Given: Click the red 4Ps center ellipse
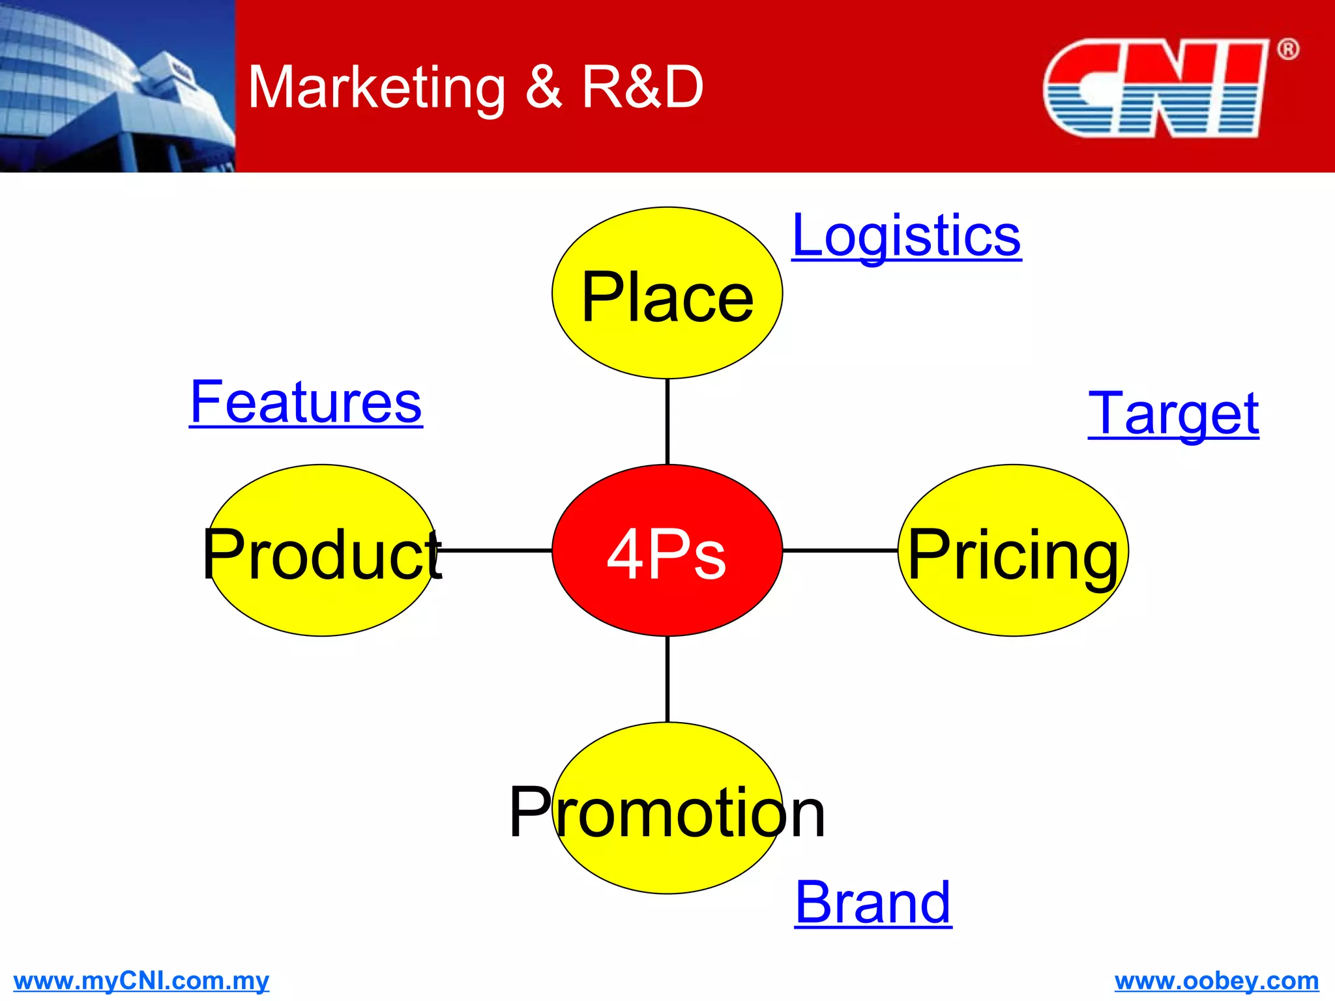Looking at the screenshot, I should coord(667,551).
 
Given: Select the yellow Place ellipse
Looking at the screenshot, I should coord(667,293).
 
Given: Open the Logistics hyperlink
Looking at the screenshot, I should coord(906,236).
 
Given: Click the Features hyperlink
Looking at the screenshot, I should coord(306,403).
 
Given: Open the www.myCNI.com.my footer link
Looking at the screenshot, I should coord(141,981).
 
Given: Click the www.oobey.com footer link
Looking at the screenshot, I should coord(1216,981).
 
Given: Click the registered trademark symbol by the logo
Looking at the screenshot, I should coord(1287,50).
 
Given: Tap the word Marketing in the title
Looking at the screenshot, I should coord(377,88).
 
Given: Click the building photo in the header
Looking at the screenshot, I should coord(117,86).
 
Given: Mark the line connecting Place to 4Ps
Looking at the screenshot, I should coord(667,421).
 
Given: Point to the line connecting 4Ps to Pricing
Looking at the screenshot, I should coord(840,551).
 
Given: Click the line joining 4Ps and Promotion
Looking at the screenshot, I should coord(667,679).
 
